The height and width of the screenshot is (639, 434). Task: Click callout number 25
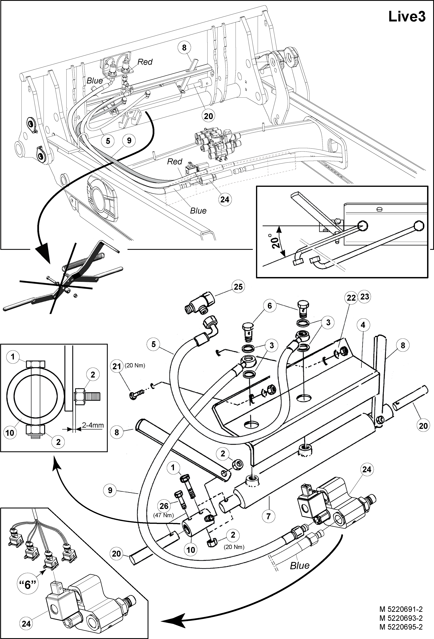click(238, 287)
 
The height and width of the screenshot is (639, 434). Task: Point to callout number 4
click(363, 325)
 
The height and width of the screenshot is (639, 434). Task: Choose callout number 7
click(269, 516)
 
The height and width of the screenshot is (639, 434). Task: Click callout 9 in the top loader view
click(129, 141)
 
